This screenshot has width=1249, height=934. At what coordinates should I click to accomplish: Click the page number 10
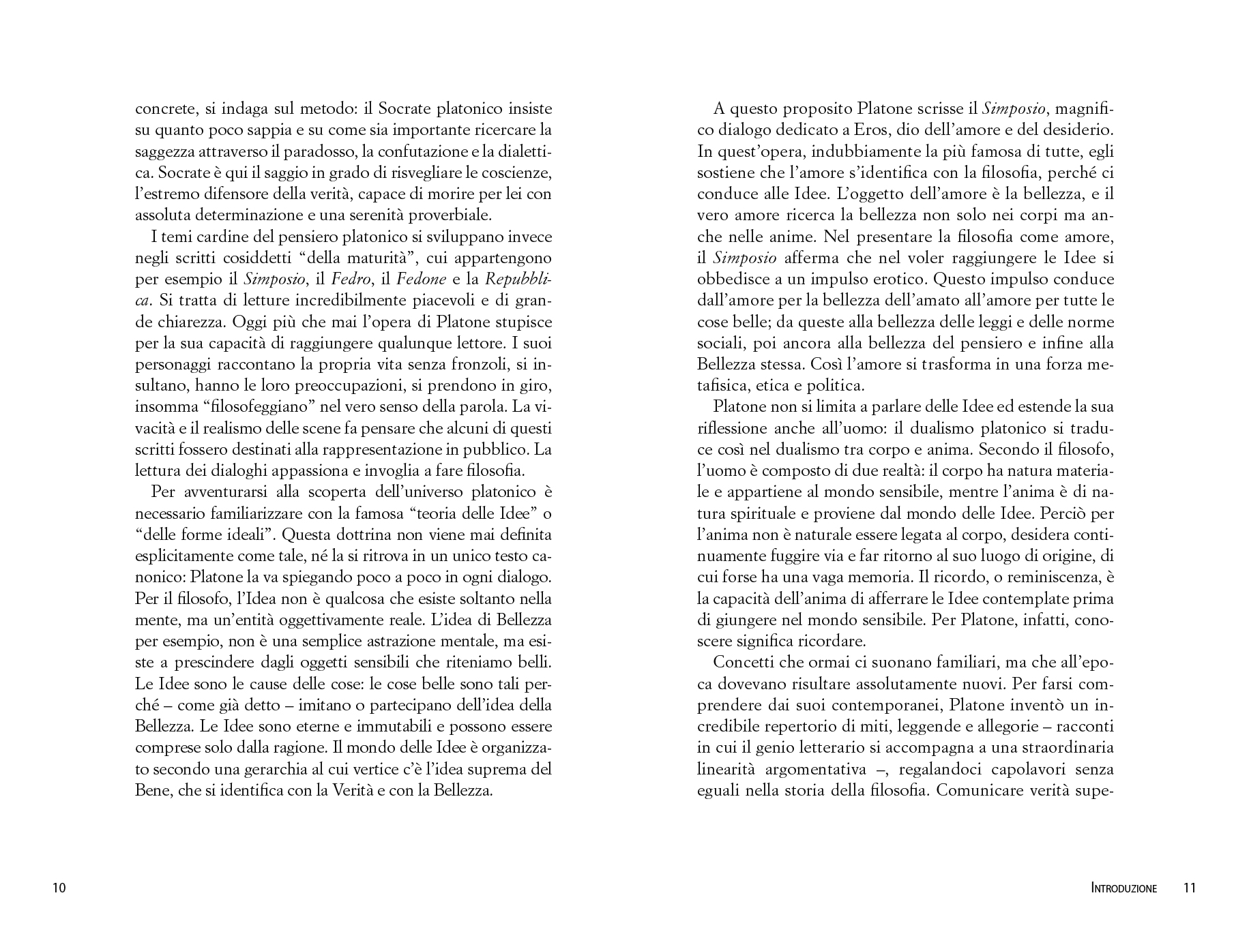[59, 888]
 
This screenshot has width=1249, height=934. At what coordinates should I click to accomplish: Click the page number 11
[1190, 888]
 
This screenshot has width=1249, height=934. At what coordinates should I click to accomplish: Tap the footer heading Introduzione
[1124, 888]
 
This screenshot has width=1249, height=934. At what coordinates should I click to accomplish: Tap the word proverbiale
[454, 215]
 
